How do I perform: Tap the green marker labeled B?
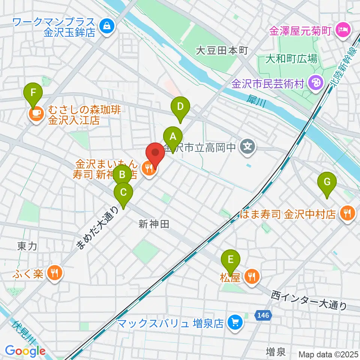(123, 174)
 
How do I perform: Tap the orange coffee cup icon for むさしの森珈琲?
(36, 115)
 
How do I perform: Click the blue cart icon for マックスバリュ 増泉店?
(235, 322)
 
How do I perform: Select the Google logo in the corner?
(25, 351)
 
